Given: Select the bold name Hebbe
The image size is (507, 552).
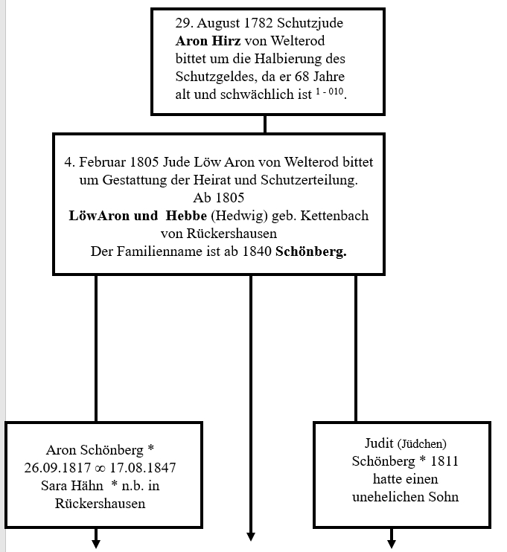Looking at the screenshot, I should coord(187,215).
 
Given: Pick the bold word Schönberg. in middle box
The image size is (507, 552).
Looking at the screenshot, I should coord(311,251).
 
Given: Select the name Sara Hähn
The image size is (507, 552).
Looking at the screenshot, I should coord(76,485).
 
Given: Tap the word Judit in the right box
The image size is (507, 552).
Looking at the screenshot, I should coord(380,443).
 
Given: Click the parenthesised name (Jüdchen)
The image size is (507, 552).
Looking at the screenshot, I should coord(422,444).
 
